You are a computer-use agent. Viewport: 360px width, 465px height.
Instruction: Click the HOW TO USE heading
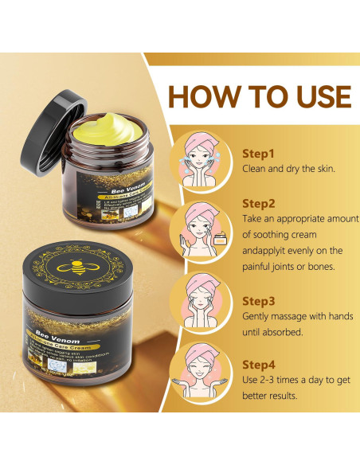[260, 96]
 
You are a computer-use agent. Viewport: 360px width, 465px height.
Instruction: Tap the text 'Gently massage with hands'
[296, 318]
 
